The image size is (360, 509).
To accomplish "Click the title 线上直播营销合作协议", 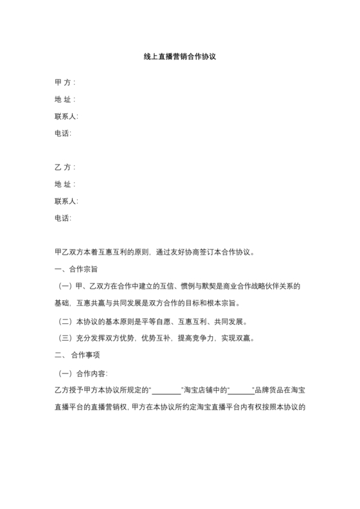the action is tap(179, 57).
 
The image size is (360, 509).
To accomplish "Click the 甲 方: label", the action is tap(65, 82).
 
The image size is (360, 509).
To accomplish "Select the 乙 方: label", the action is tap(65, 167).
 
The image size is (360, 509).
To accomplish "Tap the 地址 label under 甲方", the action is tap(65, 100).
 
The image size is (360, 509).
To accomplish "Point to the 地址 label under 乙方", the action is tap(65, 184).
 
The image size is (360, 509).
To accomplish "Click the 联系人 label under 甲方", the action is tap(66, 116).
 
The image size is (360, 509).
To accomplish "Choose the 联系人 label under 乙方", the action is tap(66, 201).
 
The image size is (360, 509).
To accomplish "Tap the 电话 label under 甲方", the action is tap(63, 134).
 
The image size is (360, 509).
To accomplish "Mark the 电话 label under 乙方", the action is tap(63, 219).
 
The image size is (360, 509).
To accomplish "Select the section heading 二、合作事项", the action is tap(77, 355).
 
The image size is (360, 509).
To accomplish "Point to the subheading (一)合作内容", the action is tap(84, 373).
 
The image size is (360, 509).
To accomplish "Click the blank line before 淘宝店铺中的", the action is tap(166, 391).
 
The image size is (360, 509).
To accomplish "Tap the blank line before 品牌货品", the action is tap(241, 391).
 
